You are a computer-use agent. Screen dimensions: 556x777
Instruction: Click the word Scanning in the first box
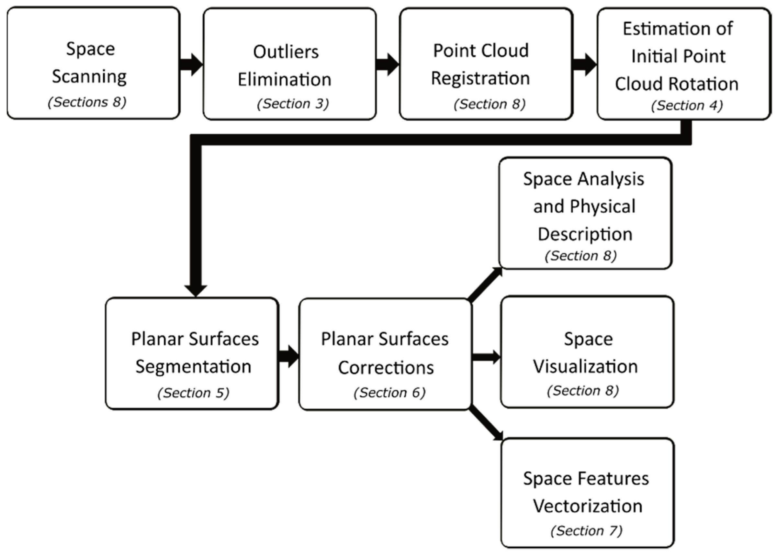tap(89, 76)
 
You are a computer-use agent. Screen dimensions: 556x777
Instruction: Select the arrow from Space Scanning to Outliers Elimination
tap(191, 64)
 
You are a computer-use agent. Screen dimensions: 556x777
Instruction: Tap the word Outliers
tap(286, 52)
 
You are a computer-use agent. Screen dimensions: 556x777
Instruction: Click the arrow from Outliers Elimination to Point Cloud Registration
tap(387, 64)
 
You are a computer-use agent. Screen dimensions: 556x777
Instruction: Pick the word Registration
tap(480, 78)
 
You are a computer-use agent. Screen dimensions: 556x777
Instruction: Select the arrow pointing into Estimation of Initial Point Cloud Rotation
tap(584, 64)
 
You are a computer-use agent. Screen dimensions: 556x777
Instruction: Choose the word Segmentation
tap(193, 367)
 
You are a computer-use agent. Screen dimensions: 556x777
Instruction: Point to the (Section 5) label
tap(193, 393)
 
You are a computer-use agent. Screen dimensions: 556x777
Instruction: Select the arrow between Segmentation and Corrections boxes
tap(288, 356)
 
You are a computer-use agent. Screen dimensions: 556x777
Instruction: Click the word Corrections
tap(386, 368)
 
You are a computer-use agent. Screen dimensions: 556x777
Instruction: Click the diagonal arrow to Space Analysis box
tap(485, 285)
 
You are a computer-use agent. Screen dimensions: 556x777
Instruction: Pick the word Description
tap(585, 235)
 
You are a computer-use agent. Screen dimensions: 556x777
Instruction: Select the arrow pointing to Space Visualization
tap(486, 357)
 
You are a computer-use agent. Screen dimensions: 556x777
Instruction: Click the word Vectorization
tap(587, 506)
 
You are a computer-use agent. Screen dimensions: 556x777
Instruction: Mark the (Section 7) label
tap(586, 531)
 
